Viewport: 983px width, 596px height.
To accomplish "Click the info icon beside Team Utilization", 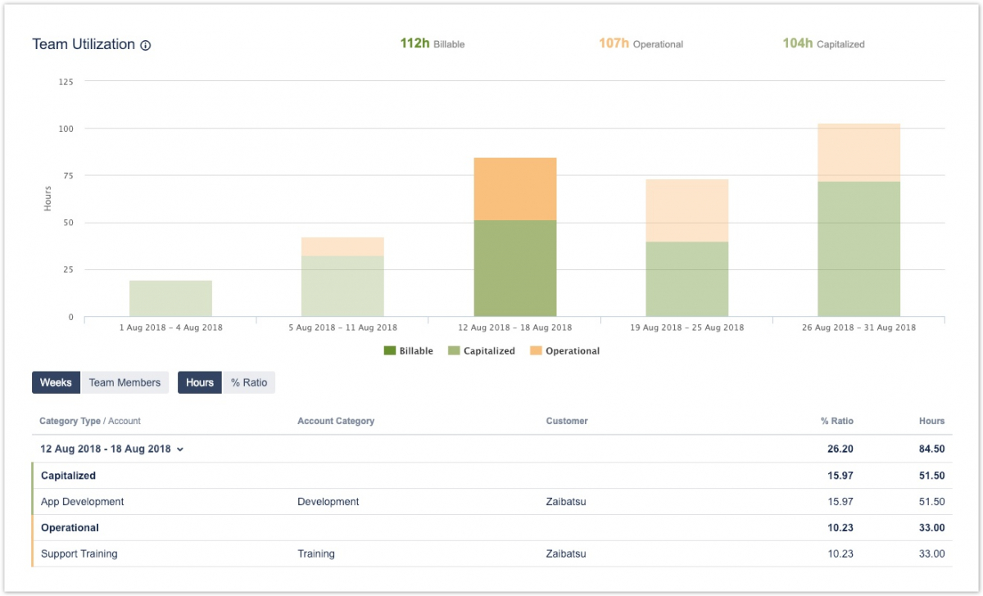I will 146,46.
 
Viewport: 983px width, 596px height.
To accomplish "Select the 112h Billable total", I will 432,43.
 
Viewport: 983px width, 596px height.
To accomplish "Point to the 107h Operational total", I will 640,43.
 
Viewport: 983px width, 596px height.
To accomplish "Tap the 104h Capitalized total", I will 822,43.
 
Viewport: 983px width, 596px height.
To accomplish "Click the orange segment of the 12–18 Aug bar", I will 515,188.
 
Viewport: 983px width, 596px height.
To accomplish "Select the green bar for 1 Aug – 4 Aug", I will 171,298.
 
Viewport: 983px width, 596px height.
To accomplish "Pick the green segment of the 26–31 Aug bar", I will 858,249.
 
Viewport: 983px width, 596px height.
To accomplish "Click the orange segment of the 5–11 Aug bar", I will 342,246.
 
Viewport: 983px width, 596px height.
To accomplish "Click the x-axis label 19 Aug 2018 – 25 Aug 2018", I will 686,327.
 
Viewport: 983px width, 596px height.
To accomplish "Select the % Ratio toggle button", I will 249,382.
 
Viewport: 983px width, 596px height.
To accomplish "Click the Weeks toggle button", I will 57,382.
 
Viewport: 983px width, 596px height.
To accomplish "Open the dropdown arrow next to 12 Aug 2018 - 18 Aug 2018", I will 180,449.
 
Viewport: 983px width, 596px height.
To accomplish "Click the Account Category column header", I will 336,421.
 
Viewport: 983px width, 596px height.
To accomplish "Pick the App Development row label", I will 82,502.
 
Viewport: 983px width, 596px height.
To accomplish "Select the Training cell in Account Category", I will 316,554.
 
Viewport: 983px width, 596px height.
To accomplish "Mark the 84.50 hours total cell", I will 931,449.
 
